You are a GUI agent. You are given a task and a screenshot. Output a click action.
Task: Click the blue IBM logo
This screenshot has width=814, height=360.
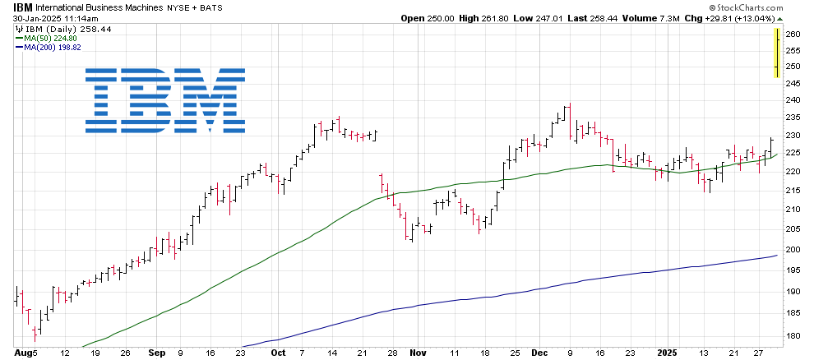click(164, 100)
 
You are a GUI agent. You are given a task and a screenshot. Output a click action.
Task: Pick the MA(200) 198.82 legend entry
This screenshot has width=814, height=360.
click(54, 48)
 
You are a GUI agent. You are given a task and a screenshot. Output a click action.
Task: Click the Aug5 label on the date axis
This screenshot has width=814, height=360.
click(25, 353)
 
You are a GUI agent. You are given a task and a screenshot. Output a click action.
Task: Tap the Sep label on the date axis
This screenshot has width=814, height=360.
click(156, 353)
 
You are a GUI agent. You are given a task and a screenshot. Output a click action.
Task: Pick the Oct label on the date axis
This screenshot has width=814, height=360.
click(279, 353)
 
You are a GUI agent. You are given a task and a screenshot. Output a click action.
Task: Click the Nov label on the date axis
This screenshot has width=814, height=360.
click(418, 353)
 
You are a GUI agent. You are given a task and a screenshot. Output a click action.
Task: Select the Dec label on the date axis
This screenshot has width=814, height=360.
click(539, 353)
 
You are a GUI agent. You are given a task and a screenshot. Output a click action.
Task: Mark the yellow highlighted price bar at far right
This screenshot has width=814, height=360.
click(777, 53)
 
